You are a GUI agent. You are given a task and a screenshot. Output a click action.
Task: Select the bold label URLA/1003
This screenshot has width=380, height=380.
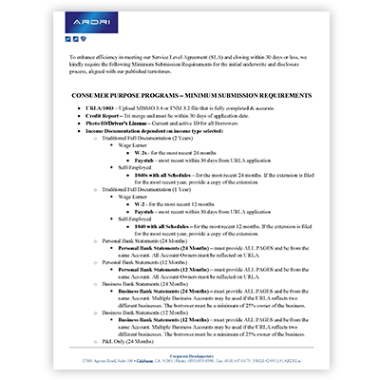pos(102,110)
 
